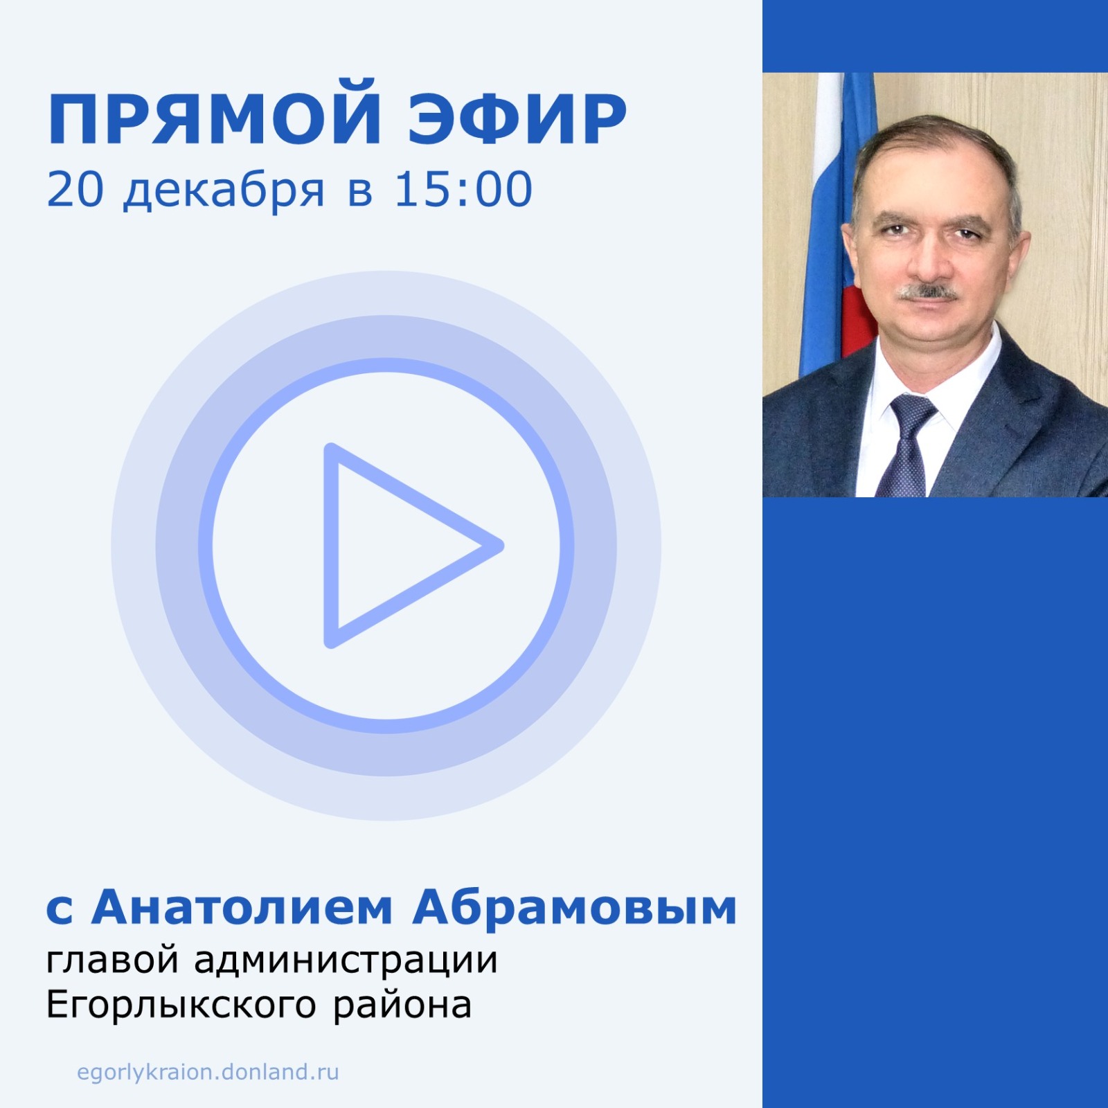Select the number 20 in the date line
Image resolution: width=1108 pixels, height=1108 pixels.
75,190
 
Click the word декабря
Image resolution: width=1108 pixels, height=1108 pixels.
224,191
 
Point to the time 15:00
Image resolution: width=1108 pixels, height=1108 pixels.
463,190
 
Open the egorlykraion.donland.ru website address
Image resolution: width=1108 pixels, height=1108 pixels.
208,1072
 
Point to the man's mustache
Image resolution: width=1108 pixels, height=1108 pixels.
928,291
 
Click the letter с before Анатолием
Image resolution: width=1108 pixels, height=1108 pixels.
60,911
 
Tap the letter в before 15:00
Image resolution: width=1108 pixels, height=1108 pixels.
360,193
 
